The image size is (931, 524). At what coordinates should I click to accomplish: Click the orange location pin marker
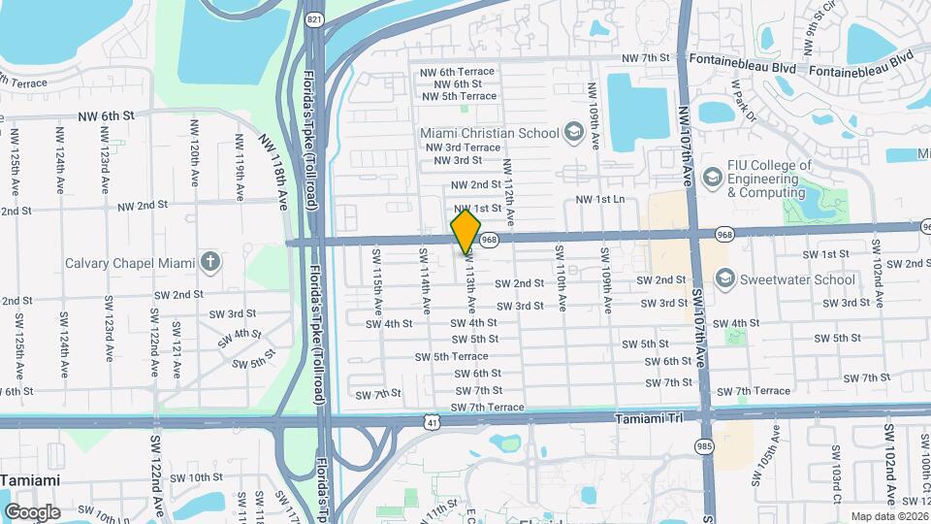(x=466, y=231)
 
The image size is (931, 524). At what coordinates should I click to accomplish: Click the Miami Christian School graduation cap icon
(x=573, y=132)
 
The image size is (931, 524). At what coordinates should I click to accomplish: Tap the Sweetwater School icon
(x=723, y=279)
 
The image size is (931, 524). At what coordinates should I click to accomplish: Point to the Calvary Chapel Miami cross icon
(x=209, y=262)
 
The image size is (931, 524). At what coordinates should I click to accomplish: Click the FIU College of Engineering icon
(x=713, y=177)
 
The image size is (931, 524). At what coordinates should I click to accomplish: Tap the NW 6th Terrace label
(x=457, y=72)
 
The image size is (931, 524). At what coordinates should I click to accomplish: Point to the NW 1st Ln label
(x=602, y=199)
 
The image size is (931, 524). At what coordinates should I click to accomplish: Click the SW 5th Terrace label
(x=451, y=356)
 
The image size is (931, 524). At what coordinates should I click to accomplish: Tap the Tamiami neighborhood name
(x=30, y=480)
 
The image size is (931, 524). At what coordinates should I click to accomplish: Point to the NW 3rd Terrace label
(x=463, y=147)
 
